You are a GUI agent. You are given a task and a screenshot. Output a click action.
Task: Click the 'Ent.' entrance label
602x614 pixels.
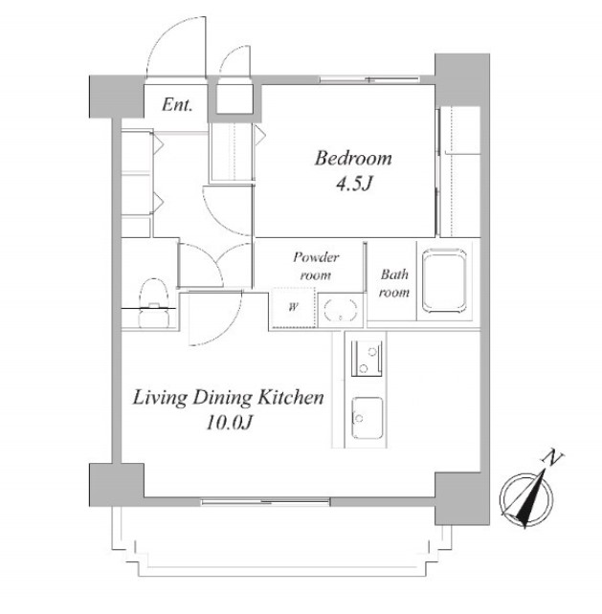pyautogui.click(x=177, y=104)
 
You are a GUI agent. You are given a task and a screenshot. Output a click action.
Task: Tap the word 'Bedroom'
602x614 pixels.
pyautogui.click(x=353, y=158)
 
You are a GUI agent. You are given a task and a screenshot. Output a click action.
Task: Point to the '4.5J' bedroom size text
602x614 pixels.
pyautogui.click(x=353, y=184)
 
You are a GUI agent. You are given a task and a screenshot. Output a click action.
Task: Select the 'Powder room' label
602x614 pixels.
pyautogui.click(x=316, y=266)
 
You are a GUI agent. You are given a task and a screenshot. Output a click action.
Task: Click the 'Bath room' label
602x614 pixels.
pyautogui.click(x=394, y=283)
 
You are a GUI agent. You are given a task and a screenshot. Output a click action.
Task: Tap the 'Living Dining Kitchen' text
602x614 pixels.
pyautogui.click(x=229, y=398)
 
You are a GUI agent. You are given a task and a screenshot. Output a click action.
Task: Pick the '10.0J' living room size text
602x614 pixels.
pyautogui.click(x=229, y=423)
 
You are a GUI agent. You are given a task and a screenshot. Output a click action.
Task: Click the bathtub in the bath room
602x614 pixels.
pyautogui.click(x=444, y=280)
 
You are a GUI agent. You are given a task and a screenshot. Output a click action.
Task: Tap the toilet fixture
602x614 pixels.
pyautogui.click(x=154, y=302)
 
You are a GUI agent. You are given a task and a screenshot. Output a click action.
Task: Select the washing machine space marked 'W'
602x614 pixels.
pyautogui.click(x=293, y=307)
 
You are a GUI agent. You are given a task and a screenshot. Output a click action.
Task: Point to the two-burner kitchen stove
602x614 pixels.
pyautogui.click(x=367, y=359)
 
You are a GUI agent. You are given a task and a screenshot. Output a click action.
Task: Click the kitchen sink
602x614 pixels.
pyautogui.click(x=368, y=418)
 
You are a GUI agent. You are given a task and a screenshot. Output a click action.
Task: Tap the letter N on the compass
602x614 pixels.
pyautogui.click(x=552, y=458)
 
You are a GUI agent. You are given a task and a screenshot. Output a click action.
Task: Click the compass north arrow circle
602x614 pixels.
pyautogui.click(x=526, y=499)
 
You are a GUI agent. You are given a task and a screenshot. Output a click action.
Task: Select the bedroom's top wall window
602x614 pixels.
pyautogui.click(x=370, y=79)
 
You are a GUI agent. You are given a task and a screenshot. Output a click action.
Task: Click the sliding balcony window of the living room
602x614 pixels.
pyautogui.click(x=266, y=501)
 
